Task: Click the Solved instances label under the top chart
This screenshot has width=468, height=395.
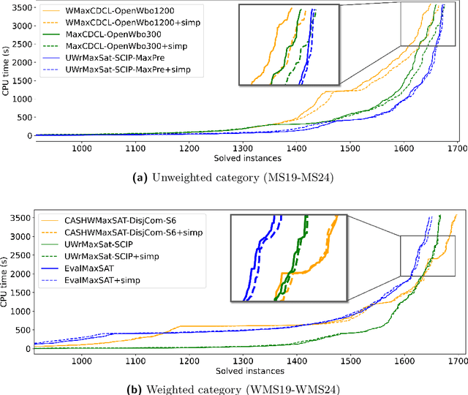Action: (245, 157)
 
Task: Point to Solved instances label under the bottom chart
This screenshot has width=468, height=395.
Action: (245, 369)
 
